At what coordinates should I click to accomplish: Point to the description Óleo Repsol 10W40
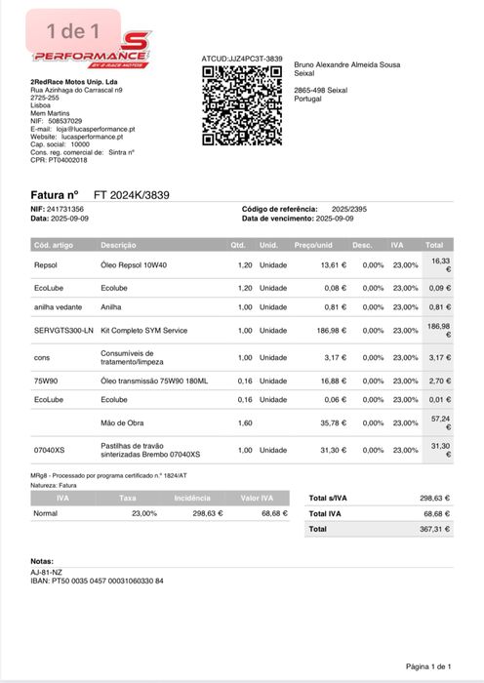click(x=134, y=264)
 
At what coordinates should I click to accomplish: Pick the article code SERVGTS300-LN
click(x=63, y=331)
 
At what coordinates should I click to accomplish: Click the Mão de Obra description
click(x=122, y=423)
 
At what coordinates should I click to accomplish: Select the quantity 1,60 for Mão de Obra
click(x=244, y=423)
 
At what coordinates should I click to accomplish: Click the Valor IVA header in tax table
click(x=257, y=498)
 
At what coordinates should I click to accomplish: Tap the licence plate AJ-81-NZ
click(x=46, y=572)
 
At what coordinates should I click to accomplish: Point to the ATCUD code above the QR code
click(x=242, y=60)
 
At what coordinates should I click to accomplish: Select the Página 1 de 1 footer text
click(x=428, y=665)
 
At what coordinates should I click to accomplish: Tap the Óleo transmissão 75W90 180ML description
click(x=154, y=381)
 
